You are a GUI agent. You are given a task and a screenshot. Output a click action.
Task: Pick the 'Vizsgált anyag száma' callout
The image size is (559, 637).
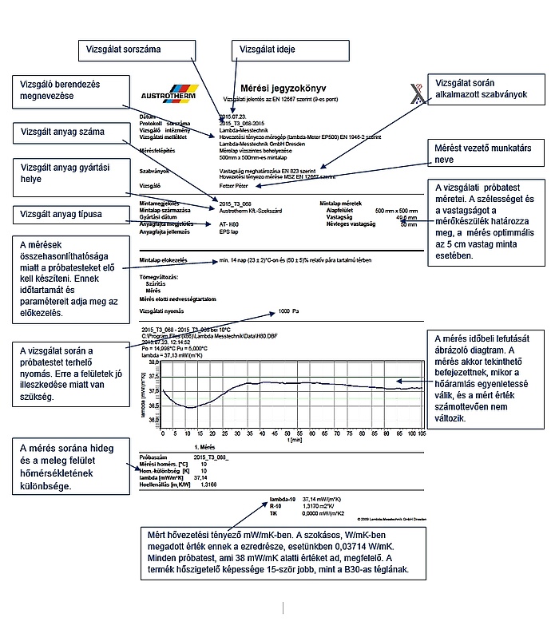pyautogui.click(x=69, y=132)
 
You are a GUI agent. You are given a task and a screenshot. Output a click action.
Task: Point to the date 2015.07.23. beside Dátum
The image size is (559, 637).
pyautogui.click(x=232, y=117)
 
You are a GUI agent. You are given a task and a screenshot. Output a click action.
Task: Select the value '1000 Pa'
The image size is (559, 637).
pyautogui.click(x=288, y=311)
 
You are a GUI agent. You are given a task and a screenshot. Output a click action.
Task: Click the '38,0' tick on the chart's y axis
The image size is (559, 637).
pyautogui.click(x=154, y=361)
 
